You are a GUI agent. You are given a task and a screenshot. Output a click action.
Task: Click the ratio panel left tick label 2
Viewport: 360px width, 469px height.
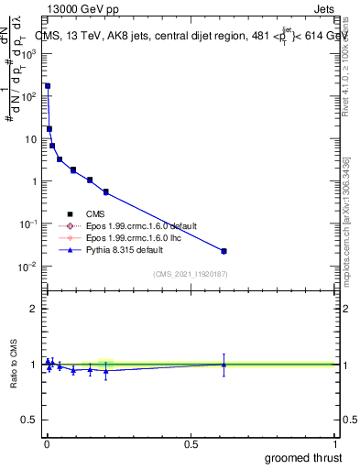(35, 309)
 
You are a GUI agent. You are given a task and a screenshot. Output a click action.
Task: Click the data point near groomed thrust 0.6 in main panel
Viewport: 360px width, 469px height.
(224, 251)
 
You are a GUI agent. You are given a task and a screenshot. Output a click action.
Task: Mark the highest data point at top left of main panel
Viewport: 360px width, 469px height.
(48, 86)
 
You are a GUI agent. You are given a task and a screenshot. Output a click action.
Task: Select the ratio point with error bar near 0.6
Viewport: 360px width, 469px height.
(224, 364)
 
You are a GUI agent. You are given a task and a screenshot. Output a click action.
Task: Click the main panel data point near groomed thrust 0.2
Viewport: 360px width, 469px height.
(106, 191)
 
